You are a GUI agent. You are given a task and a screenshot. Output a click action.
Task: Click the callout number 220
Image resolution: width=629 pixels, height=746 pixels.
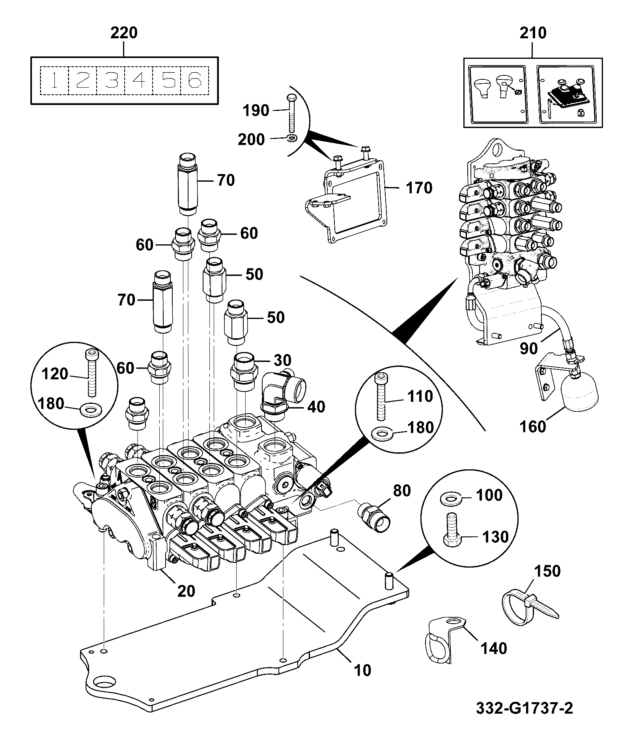point(124,33)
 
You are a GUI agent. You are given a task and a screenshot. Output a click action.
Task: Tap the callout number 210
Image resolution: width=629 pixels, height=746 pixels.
point(533,33)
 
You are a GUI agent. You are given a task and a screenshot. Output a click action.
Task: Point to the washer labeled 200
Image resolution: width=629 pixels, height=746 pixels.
point(292,139)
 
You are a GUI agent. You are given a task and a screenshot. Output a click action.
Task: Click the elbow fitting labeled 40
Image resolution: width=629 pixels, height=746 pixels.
point(283,393)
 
